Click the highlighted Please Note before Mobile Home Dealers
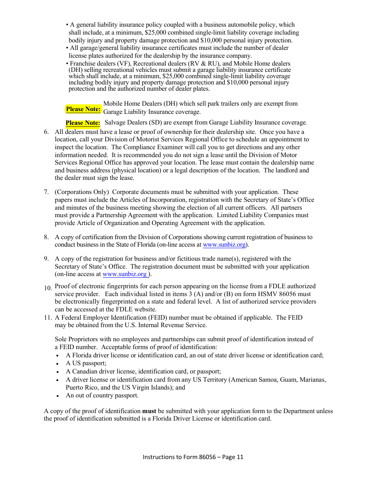tap(83, 109)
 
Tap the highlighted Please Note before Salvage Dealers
tap(83, 123)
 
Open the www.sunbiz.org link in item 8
tap(224, 245)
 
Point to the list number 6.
tap(46, 132)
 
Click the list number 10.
tap(48, 288)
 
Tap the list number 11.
tap(48, 318)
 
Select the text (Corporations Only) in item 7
tap(82, 192)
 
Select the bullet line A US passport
tap(86, 363)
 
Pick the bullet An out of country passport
tap(102, 395)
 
